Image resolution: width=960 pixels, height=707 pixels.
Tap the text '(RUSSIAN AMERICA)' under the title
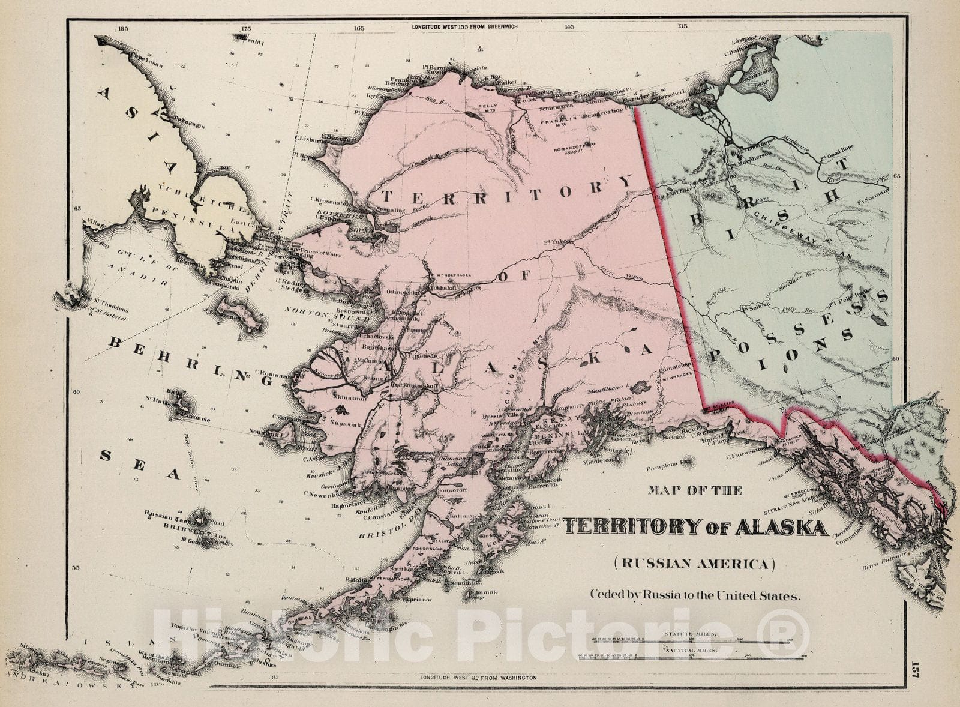[x=694, y=564]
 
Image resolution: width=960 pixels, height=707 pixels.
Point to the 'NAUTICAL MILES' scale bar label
[x=689, y=650]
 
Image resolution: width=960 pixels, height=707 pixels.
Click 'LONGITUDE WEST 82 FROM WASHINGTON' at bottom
[x=478, y=677]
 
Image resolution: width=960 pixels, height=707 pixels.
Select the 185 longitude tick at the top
[x=124, y=28]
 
